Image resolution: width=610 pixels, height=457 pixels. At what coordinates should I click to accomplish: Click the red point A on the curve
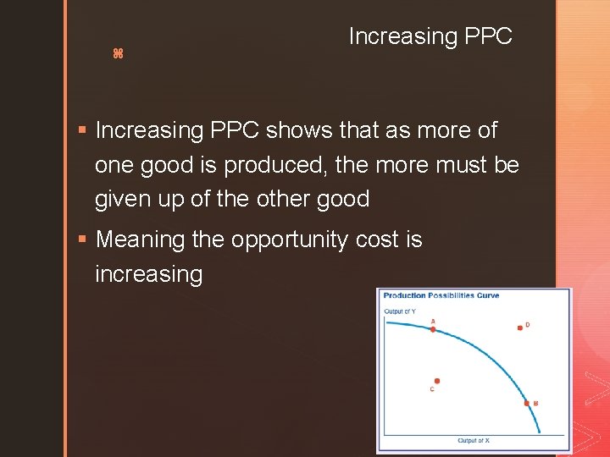click(x=433, y=329)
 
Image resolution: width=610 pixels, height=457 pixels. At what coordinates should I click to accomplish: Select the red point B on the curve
click(x=526, y=404)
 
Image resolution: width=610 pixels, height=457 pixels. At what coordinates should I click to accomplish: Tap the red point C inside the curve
click(x=437, y=382)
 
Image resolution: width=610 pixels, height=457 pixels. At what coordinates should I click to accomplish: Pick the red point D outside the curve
click(x=519, y=328)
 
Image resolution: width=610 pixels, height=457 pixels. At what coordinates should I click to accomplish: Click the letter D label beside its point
click(x=528, y=324)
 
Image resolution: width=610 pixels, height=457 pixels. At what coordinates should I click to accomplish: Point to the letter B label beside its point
click(x=535, y=404)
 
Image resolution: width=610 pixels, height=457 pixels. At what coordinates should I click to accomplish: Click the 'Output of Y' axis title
click(x=400, y=311)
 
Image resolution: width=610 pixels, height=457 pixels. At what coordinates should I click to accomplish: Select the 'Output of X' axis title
click(x=474, y=441)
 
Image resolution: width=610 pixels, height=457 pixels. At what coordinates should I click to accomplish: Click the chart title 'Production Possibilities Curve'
click(x=441, y=295)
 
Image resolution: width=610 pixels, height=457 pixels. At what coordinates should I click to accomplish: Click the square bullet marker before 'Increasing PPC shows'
click(x=81, y=130)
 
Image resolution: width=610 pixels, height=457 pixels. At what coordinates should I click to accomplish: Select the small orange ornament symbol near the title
click(x=118, y=54)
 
